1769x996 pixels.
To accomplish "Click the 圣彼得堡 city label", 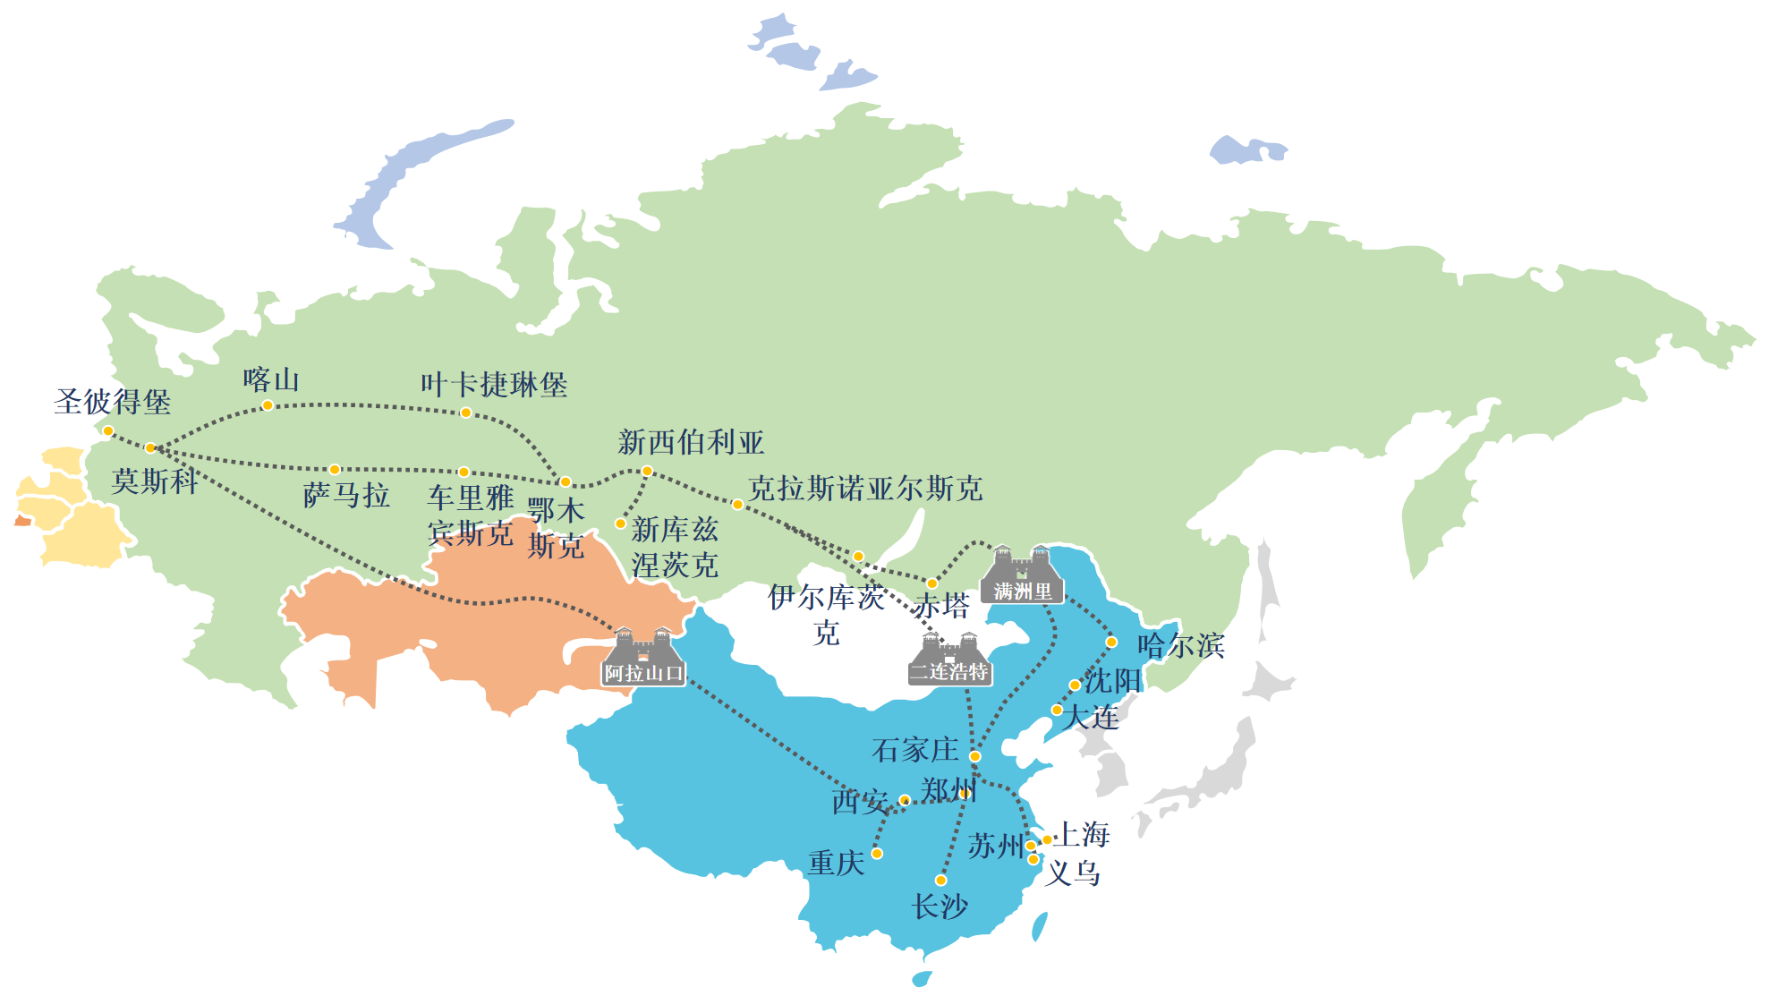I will [113, 402].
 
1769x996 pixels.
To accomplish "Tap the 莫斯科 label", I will [155, 481].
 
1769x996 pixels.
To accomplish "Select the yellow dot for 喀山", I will [268, 405].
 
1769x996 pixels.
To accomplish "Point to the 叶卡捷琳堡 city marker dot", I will [465, 413].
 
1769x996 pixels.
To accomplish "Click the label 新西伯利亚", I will [691, 442].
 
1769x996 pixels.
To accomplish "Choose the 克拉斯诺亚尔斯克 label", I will [865, 489].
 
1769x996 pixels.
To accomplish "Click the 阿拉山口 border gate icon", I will [643, 657].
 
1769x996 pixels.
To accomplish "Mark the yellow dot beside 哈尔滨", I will [1111, 642].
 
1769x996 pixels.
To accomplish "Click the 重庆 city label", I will [836, 863].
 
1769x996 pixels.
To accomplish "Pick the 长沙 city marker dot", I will [940, 881].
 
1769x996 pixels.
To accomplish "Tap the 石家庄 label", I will [914, 750].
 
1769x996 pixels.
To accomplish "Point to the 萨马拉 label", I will [346, 495].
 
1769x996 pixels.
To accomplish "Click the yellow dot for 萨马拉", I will [335, 469].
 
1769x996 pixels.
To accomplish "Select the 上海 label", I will [1083, 834].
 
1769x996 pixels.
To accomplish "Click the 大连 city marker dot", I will [1057, 710].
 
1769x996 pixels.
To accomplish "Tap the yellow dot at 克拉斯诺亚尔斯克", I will [737, 505].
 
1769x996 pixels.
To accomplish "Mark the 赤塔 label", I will [941, 606].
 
